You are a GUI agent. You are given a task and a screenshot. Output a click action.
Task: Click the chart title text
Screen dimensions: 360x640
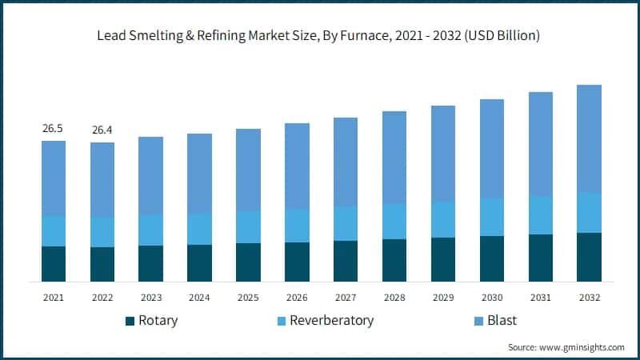(319, 35)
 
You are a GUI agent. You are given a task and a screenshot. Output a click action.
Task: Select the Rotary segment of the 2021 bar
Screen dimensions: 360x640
(54, 264)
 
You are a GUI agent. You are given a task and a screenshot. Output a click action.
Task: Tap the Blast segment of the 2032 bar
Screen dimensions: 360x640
(589, 138)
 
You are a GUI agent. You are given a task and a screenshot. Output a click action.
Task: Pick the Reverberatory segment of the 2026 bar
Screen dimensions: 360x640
(297, 226)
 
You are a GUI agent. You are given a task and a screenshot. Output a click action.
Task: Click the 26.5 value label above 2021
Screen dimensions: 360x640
(54, 128)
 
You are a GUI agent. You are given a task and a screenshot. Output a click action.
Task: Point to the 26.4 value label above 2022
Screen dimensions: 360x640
(102, 130)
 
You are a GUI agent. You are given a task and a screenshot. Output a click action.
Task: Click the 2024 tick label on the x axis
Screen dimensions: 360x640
(199, 297)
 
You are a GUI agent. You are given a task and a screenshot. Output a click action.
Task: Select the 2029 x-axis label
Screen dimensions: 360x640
(442, 297)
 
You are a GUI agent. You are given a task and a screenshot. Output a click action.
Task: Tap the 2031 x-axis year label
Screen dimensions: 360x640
(540, 297)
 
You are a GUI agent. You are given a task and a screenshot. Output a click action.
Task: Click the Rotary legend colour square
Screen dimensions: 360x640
(130, 321)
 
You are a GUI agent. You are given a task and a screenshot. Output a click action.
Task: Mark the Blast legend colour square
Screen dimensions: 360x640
(478, 321)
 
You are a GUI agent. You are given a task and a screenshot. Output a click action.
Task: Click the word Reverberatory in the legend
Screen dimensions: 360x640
(331, 321)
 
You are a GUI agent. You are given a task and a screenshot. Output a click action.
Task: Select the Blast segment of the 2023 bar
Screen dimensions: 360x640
(150, 175)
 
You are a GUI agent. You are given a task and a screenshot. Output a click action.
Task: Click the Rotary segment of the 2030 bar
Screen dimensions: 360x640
(491, 258)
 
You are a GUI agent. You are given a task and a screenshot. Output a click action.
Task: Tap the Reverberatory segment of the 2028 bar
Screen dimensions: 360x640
(394, 221)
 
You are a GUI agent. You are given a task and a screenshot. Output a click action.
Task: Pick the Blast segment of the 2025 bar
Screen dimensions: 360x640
(248, 170)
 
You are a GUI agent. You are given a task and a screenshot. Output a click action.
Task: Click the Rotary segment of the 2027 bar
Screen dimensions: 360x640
(346, 261)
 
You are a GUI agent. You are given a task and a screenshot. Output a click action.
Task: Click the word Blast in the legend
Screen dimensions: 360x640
(502, 321)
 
